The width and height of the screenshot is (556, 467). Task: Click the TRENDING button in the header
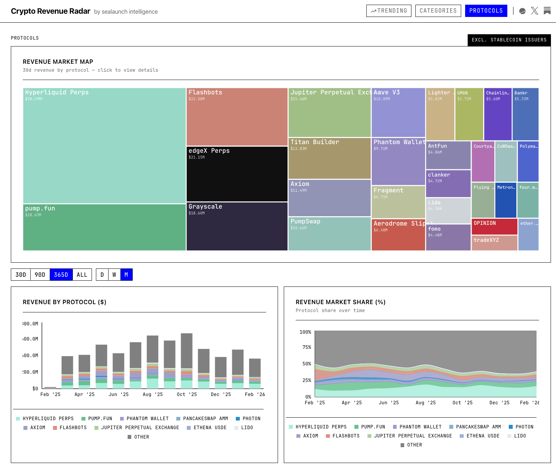tap(389, 11)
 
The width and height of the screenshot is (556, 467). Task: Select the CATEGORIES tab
tap(438, 11)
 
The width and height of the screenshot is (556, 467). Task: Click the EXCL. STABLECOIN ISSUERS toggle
tap(509, 40)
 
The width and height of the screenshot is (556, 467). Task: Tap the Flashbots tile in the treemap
tap(237, 117)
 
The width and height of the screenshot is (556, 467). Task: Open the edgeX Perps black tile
tap(237, 174)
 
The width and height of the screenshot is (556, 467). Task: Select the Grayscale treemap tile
tap(237, 226)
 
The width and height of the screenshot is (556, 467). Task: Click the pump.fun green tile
tap(104, 227)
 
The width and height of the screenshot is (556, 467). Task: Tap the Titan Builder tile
tap(329, 158)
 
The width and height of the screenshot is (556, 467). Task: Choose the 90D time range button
tap(40, 275)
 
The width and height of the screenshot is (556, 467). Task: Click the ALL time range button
tap(82, 275)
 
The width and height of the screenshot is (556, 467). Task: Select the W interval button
tap(114, 275)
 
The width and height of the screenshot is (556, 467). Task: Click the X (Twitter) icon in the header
tap(534, 11)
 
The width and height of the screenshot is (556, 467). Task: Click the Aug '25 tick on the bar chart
tap(153, 394)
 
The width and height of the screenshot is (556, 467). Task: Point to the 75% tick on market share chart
tap(306, 347)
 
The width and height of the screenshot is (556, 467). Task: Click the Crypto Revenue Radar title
tap(50, 11)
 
